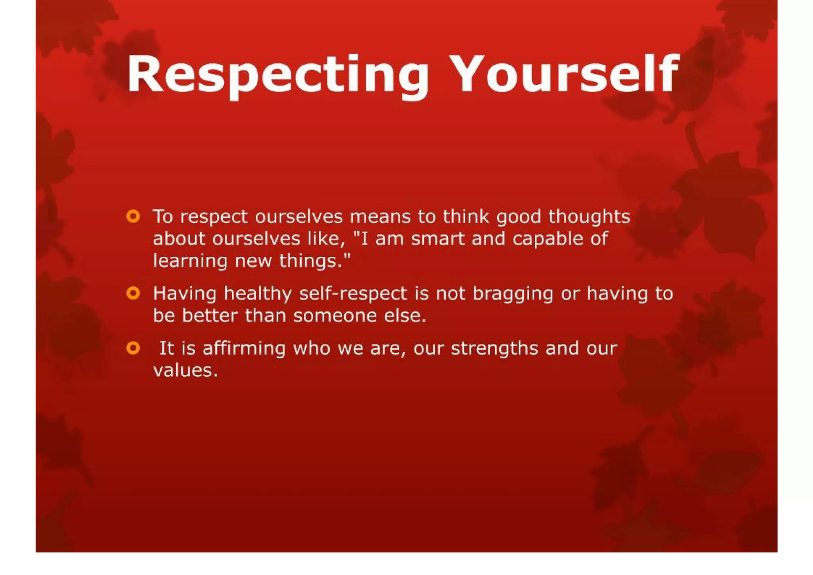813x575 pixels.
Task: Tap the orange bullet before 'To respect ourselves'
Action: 133,217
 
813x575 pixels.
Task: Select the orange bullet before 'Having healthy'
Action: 133,293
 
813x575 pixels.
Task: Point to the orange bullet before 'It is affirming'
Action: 133,348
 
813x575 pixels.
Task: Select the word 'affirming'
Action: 244,348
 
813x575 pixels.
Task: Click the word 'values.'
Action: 185,371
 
